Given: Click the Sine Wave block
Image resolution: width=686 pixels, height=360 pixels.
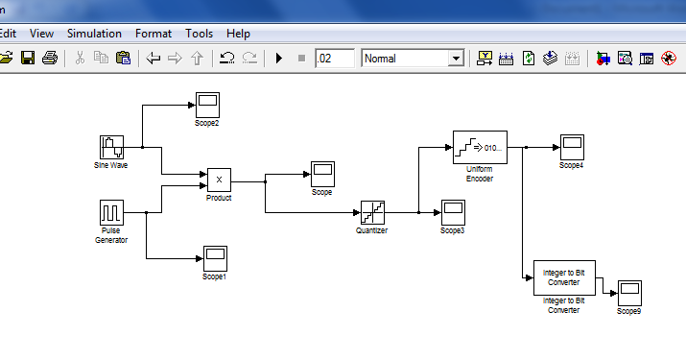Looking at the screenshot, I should coord(112,147).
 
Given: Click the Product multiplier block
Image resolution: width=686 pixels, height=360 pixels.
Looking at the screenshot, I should coord(219,180).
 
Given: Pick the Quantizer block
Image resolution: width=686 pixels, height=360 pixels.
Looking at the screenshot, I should coord(372,212).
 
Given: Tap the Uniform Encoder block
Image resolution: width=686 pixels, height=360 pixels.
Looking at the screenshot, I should coord(479,148).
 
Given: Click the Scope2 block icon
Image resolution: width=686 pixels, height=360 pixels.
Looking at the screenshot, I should coord(207,104).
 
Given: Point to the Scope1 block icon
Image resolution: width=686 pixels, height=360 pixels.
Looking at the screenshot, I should coord(214,258).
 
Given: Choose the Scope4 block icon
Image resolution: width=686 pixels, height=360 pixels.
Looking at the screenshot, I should coord(572,148).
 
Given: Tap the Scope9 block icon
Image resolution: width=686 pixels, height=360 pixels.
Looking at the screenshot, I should coord(628,292).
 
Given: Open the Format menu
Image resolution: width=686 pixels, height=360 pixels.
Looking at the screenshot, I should coord(154,34).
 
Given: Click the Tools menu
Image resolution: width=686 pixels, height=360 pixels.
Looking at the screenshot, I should coord(200,34).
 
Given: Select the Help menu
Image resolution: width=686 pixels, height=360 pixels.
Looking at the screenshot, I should coord(239,34).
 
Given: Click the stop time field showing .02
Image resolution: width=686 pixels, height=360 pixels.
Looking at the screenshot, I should coord(334,59).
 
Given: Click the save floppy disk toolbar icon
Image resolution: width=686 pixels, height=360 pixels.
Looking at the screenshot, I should coord(28,59).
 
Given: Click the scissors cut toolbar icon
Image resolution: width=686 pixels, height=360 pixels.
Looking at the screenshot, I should coord(80,59).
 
